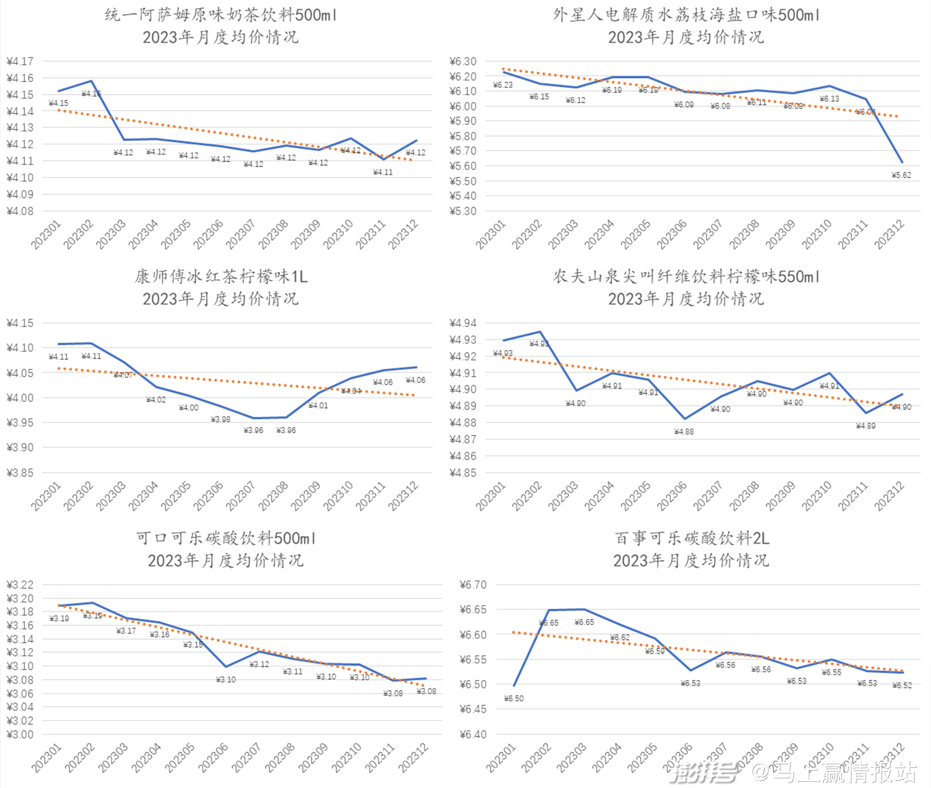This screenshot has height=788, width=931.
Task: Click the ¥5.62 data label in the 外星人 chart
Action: click(901, 175)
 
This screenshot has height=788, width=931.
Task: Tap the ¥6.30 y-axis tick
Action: click(463, 62)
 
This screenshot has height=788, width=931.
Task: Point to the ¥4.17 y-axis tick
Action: click(20, 62)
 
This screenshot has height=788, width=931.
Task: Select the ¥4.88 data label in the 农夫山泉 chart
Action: click(684, 432)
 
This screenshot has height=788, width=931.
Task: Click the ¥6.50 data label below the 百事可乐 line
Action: click(514, 698)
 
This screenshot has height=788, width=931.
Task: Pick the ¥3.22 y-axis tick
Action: click(20, 585)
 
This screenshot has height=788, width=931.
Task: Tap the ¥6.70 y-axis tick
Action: click(473, 585)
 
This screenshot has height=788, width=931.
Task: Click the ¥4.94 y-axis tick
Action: click(463, 323)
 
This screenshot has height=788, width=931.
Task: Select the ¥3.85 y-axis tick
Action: click(20, 473)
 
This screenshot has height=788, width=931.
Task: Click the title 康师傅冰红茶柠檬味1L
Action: click(221, 277)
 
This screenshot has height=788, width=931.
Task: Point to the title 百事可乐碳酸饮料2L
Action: click(691, 538)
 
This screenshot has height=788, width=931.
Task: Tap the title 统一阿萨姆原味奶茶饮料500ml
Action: click(221, 15)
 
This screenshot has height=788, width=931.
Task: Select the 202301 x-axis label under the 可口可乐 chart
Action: click(47, 757)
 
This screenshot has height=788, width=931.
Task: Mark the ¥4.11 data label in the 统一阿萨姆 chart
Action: click(383, 173)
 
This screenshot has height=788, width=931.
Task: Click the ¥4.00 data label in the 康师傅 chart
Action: click(188, 408)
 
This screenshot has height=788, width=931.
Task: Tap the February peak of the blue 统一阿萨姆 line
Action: click(91, 81)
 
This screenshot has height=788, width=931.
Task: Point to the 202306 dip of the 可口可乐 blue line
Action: click(225, 666)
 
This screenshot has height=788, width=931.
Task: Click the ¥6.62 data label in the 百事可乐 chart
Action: click(620, 638)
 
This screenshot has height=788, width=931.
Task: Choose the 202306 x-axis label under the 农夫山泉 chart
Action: click(672, 496)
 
